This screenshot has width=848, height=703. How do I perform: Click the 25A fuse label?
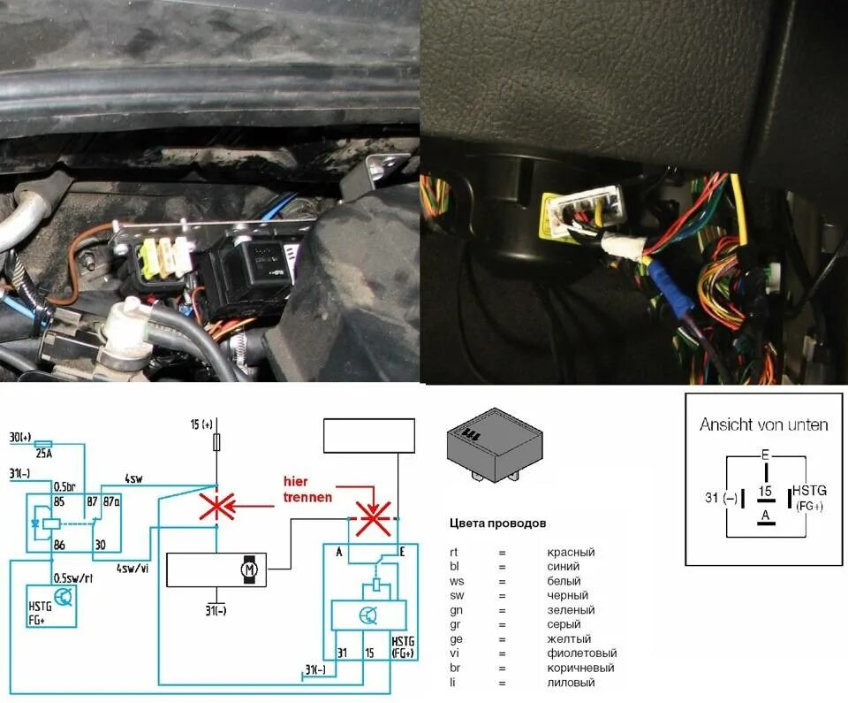pos(43,455)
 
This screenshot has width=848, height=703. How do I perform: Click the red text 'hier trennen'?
pos(308,488)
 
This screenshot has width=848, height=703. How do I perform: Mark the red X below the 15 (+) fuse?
pos(216,508)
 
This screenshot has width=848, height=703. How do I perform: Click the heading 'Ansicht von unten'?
pos(763,424)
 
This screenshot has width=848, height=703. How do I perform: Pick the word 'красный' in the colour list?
pos(571,553)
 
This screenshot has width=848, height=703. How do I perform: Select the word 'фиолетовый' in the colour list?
pos(582,653)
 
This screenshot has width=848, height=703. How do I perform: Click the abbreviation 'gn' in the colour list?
pos(455,610)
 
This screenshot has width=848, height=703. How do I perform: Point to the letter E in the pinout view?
pos(764,456)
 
